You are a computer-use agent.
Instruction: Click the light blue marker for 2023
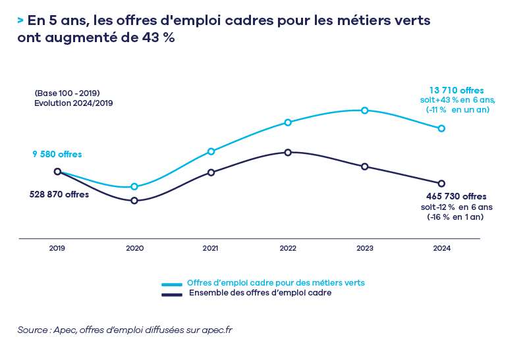point(364,111)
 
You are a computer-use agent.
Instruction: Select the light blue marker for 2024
point(441,128)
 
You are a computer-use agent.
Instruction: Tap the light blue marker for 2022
point(288,122)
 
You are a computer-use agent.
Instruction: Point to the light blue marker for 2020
point(134,187)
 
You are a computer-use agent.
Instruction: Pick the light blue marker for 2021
point(211,151)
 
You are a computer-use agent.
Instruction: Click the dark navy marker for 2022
point(288,153)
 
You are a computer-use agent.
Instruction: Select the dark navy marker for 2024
point(441,184)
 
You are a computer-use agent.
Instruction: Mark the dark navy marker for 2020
point(134,201)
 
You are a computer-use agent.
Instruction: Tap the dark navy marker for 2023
point(364,167)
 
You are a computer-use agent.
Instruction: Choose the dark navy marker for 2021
point(211,172)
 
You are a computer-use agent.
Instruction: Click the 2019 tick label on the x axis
point(57,249)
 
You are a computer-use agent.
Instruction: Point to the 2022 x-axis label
point(288,249)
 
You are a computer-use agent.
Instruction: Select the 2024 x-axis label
point(441,249)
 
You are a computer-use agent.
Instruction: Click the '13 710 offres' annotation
point(457,90)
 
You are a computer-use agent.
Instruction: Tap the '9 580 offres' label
point(57,155)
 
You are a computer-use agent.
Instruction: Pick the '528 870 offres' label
point(59,195)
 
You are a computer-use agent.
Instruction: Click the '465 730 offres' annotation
point(456,196)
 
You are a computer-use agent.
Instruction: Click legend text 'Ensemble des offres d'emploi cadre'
point(260,294)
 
